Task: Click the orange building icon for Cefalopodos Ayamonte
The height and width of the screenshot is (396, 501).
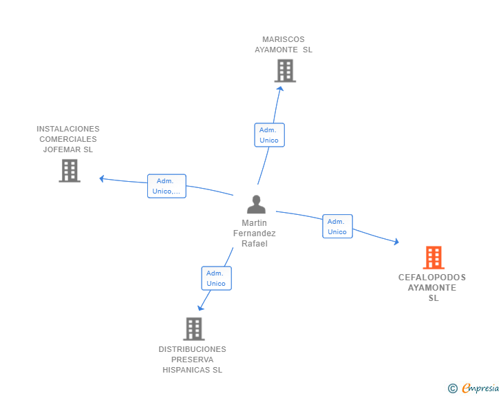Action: tap(434, 257)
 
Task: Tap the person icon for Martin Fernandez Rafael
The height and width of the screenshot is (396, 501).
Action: tap(256, 205)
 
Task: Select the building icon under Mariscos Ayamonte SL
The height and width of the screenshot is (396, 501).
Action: tap(285, 71)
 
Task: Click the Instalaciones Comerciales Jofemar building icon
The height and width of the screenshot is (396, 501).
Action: tap(70, 171)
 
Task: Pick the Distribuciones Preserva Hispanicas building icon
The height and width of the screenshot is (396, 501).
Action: tap(194, 329)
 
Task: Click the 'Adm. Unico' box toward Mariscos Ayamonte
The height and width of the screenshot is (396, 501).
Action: tap(269, 135)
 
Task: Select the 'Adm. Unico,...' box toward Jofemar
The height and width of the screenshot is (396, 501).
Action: tap(167, 186)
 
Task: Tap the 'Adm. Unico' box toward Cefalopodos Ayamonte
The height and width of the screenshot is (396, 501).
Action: tap(337, 227)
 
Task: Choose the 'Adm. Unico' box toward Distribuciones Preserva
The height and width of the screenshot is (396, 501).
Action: tap(216, 278)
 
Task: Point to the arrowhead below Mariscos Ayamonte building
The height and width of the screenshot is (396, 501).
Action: tap(280, 89)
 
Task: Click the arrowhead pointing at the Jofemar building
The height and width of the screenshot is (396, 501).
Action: tap(102, 178)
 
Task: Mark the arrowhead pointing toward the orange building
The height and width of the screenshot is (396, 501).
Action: tap(396, 242)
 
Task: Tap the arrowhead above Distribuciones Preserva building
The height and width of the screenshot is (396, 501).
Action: tap(200, 308)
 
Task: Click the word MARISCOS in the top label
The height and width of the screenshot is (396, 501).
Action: tap(284, 39)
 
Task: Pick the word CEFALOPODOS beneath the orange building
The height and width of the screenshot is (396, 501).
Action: tap(432, 278)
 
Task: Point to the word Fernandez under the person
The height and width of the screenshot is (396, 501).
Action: tap(255, 233)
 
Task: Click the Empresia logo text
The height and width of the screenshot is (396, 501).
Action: tap(480, 388)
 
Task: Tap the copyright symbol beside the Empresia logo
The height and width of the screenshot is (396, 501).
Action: tap(452, 388)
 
